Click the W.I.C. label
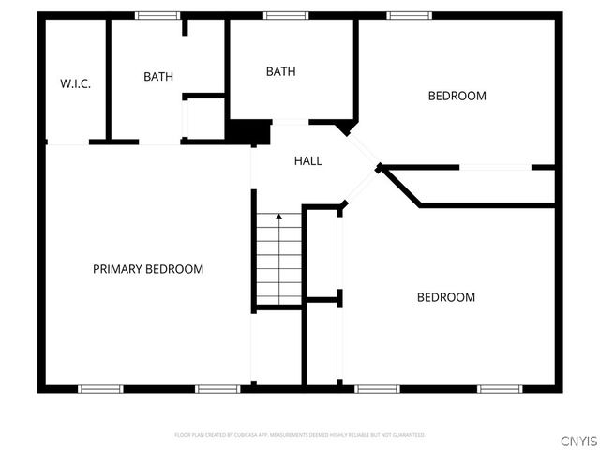coord(75,84)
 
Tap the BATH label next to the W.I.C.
coord(158,77)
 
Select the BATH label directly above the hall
coord(280,71)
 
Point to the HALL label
coord(307,161)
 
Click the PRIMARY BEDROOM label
coord(148,269)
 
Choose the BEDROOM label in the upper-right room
coord(457,96)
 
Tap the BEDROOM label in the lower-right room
coord(445,297)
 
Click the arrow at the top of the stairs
coord(278,218)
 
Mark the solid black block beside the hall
coord(248,132)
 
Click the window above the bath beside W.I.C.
coord(157,15)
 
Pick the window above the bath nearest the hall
coord(285,15)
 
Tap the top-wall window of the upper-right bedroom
coord(409,15)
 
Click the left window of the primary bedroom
coord(99,388)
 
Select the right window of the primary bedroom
coord(217,388)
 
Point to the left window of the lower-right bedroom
coord(377,388)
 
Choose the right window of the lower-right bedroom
coord(500,388)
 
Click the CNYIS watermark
coord(578,440)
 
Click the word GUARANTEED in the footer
coord(408,435)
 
